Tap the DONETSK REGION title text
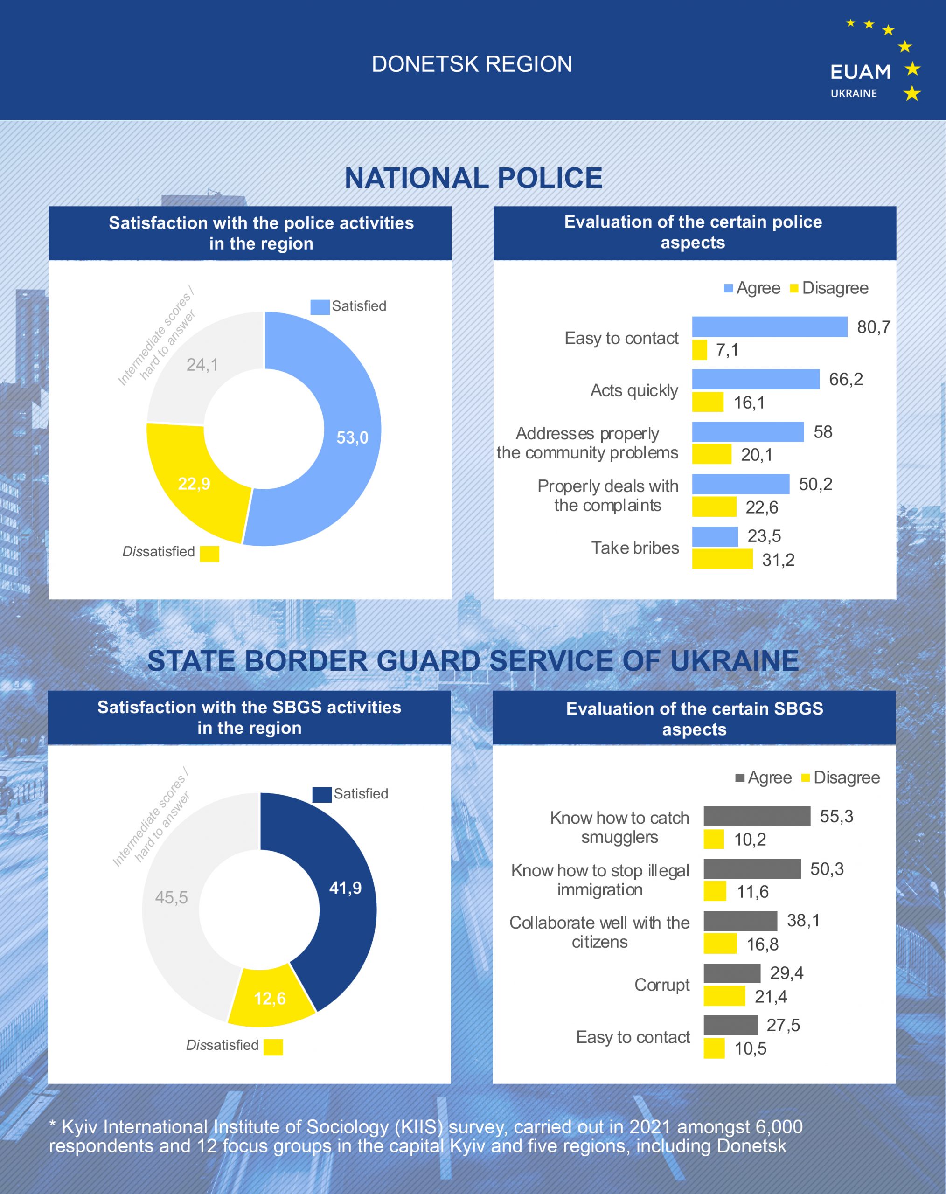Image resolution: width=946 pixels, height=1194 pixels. (x=472, y=64)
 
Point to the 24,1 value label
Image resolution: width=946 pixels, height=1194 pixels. (x=202, y=364)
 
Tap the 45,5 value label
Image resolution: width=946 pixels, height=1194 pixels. (x=171, y=897)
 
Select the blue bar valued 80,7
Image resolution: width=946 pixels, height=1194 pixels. (x=769, y=327)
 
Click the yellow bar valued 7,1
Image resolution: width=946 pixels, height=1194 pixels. (x=700, y=350)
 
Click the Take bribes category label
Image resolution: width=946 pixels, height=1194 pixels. (x=635, y=548)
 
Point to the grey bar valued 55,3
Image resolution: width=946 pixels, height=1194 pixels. (x=757, y=816)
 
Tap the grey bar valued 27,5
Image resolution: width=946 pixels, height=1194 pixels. (x=730, y=1025)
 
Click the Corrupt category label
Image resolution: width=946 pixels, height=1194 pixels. (x=662, y=985)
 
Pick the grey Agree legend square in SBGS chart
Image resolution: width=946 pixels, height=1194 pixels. (x=739, y=777)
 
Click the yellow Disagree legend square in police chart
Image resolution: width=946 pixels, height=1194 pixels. (x=793, y=288)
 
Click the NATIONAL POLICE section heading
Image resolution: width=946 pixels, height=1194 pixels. (x=473, y=178)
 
